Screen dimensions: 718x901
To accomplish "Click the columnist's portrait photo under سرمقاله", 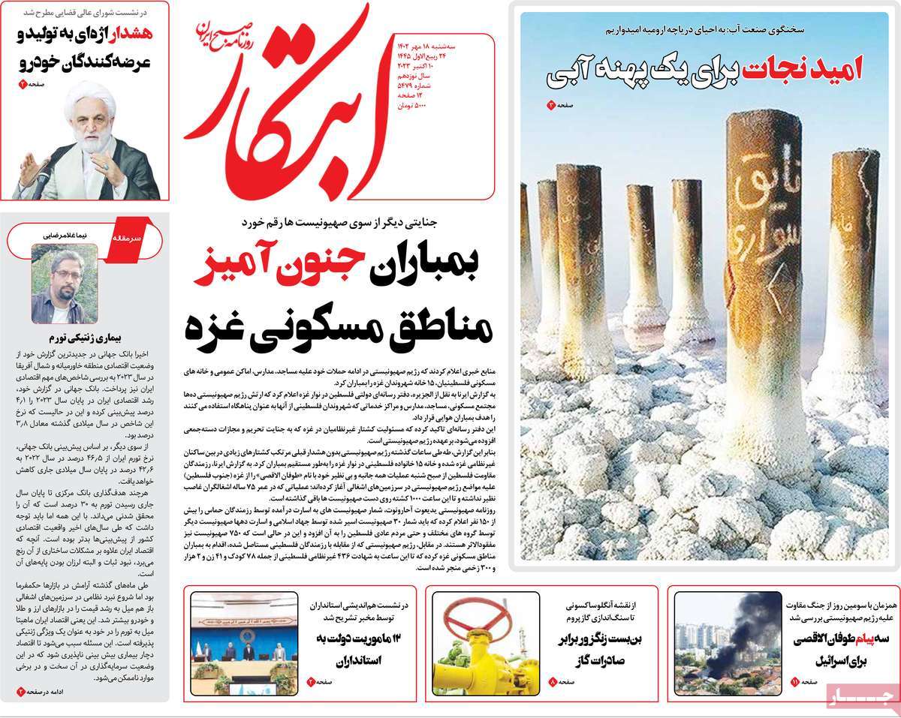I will coord(64,284).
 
